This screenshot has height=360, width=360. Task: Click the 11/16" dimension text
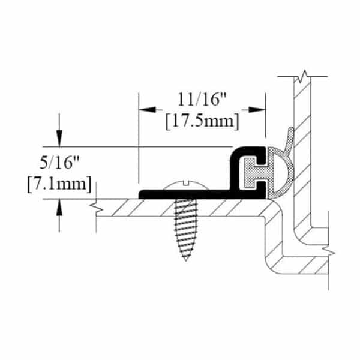pyautogui.click(x=202, y=100)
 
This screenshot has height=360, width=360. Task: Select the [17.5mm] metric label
pyautogui.click(x=202, y=121)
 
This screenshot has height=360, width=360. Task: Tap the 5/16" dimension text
pyautogui.click(x=59, y=163)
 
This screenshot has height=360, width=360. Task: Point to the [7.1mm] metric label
pyautogui.click(x=59, y=184)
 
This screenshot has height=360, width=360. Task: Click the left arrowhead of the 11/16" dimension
pyautogui.click(x=148, y=110)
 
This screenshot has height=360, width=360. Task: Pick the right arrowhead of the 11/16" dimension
pyautogui.click(x=257, y=110)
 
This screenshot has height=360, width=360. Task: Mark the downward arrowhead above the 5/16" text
pyautogui.click(x=59, y=138)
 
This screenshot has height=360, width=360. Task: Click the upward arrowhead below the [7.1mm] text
pyautogui.click(x=59, y=207)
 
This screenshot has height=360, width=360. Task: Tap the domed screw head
pyautogui.click(x=187, y=185)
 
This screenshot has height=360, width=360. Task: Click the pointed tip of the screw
pyautogui.click(x=186, y=260)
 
